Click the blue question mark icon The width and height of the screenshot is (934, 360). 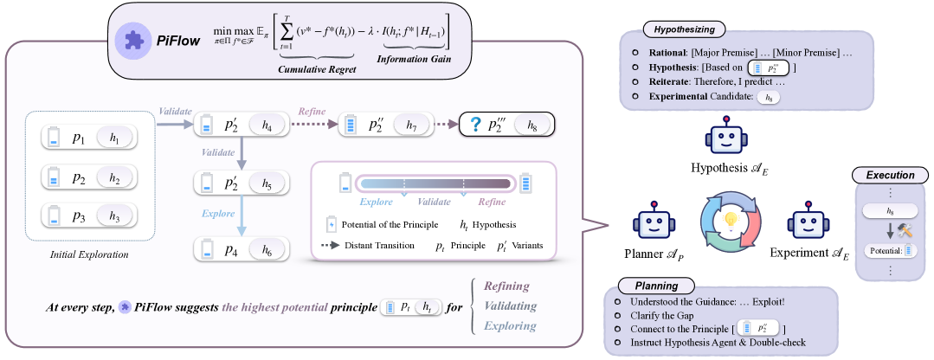[474, 125]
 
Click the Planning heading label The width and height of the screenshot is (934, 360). [650, 286]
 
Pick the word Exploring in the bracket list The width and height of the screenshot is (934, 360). [510, 326]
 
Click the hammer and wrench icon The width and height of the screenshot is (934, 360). [906, 228]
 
